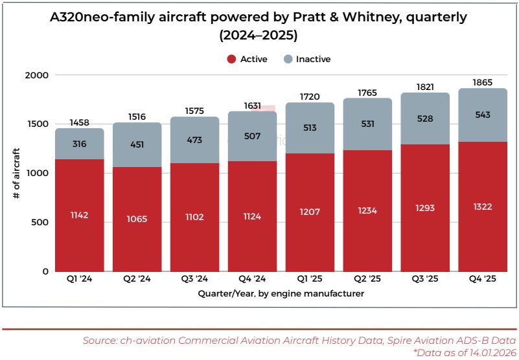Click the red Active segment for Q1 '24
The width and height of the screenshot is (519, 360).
79,194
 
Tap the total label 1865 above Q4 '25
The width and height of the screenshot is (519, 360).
483,83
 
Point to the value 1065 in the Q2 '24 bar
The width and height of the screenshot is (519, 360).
137,219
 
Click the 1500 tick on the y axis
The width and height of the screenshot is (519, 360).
37,124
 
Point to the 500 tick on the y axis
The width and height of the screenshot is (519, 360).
40,222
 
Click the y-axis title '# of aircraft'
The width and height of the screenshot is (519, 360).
16,173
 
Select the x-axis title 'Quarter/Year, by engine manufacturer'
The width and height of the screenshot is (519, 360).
281,294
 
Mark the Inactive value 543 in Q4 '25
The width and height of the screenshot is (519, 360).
483,115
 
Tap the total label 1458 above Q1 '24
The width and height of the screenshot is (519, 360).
79,122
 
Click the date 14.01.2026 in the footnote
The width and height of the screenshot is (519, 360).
483,352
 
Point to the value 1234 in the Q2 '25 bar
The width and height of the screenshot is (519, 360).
367,210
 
